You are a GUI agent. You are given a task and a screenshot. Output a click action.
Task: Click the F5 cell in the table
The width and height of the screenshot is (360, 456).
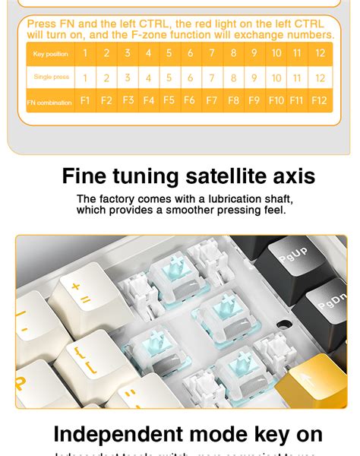(x=169, y=100)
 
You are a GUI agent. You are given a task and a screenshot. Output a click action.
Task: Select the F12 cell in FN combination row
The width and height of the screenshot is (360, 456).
(x=320, y=100)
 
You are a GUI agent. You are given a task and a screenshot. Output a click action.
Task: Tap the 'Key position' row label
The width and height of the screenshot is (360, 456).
(x=50, y=53)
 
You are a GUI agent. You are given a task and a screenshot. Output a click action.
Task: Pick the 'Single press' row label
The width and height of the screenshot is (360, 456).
(x=50, y=78)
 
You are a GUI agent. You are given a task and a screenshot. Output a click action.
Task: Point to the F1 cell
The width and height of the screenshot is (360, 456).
(x=85, y=100)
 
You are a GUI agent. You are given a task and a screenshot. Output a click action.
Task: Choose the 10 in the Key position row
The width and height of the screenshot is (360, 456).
(x=276, y=53)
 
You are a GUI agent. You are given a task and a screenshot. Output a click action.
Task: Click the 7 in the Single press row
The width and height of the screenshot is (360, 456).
(x=212, y=78)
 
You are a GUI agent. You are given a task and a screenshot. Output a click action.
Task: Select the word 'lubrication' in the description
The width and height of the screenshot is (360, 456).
(x=223, y=199)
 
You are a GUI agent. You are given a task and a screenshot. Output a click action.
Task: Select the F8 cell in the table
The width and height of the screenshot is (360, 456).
(x=233, y=100)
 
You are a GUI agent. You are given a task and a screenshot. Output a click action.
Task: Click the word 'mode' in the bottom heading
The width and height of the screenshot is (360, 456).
(x=218, y=435)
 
